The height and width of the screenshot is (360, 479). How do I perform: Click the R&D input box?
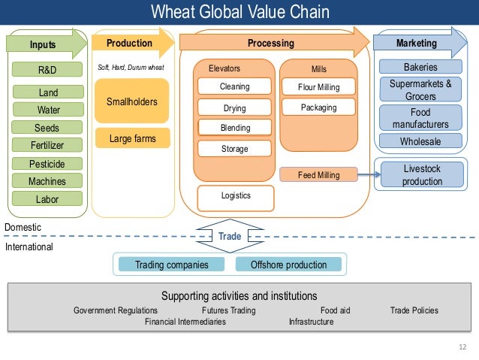(x=47, y=70)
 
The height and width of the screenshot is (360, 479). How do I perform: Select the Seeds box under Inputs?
(x=47, y=128)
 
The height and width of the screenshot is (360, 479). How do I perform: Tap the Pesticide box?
(x=47, y=164)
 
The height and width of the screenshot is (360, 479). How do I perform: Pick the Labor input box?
(x=47, y=199)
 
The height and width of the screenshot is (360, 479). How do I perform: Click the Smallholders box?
(x=133, y=101)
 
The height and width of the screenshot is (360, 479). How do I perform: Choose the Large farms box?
(x=133, y=138)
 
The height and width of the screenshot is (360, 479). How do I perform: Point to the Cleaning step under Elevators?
(x=234, y=87)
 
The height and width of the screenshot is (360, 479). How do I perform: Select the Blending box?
(x=234, y=129)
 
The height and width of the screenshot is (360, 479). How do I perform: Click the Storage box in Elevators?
(x=234, y=149)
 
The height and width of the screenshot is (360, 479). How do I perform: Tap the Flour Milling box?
(x=318, y=87)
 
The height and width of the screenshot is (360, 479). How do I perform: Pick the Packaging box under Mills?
(x=318, y=107)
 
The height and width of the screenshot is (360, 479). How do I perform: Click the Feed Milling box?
(x=318, y=175)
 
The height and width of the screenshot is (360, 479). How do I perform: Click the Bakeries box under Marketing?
(x=420, y=68)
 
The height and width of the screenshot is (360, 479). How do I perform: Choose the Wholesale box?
(x=420, y=141)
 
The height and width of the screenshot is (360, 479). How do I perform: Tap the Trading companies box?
(x=171, y=265)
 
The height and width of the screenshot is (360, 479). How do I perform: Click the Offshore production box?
(x=288, y=265)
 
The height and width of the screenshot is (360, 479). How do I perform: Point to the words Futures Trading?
(x=229, y=310)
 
